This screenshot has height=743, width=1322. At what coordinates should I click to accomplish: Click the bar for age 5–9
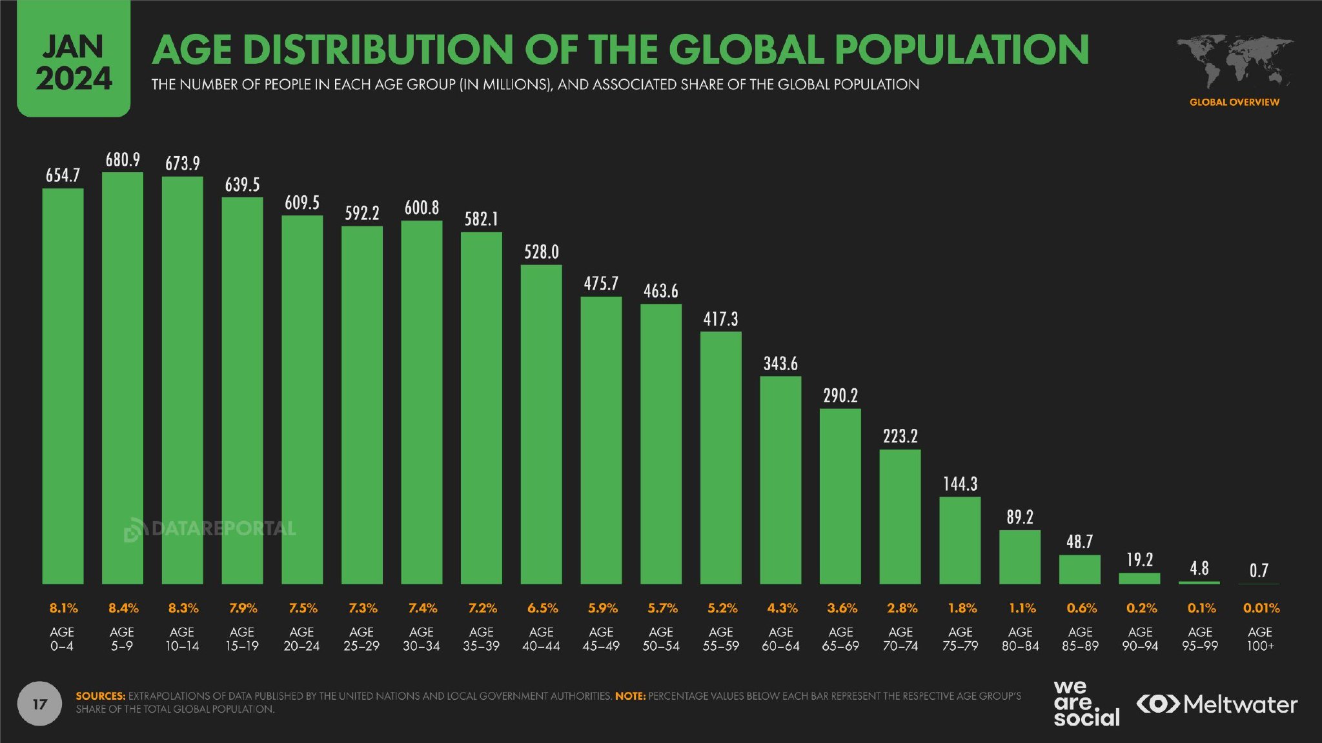click(x=122, y=378)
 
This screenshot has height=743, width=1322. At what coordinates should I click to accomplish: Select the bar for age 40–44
click(x=541, y=424)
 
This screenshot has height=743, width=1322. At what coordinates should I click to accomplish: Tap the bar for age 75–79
click(x=960, y=540)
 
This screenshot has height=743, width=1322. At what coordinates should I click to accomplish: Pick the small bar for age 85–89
click(x=1079, y=570)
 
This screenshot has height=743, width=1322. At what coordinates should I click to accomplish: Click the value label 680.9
click(x=123, y=159)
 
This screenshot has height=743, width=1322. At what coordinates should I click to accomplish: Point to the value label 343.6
click(x=780, y=364)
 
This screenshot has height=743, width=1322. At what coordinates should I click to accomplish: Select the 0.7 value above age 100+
click(x=1259, y=570)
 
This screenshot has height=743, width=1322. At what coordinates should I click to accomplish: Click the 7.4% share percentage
click(x=422, y=608)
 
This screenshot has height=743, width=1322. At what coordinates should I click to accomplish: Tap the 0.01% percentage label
click(x=1261, y=608)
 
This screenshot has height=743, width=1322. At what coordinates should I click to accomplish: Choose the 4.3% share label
click(x=782, y=608)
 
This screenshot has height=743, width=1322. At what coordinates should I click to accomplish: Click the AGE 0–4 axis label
click(x=62, y=639)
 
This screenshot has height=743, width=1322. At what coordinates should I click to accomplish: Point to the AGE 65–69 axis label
click(x=840, y=639)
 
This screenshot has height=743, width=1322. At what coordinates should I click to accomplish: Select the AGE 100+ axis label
click(x=1260, y=639)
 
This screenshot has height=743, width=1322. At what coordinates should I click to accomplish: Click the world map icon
click(x=1234, y=61)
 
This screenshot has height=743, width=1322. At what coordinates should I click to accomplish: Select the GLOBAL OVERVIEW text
click(x=1234, y=102)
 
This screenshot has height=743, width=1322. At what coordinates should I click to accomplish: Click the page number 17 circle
click(x=39, y=703)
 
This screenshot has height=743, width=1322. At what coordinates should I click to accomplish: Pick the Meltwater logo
click(x=1217, y=704)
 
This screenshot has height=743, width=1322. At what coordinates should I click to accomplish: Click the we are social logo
click(x=1086, y=703)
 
